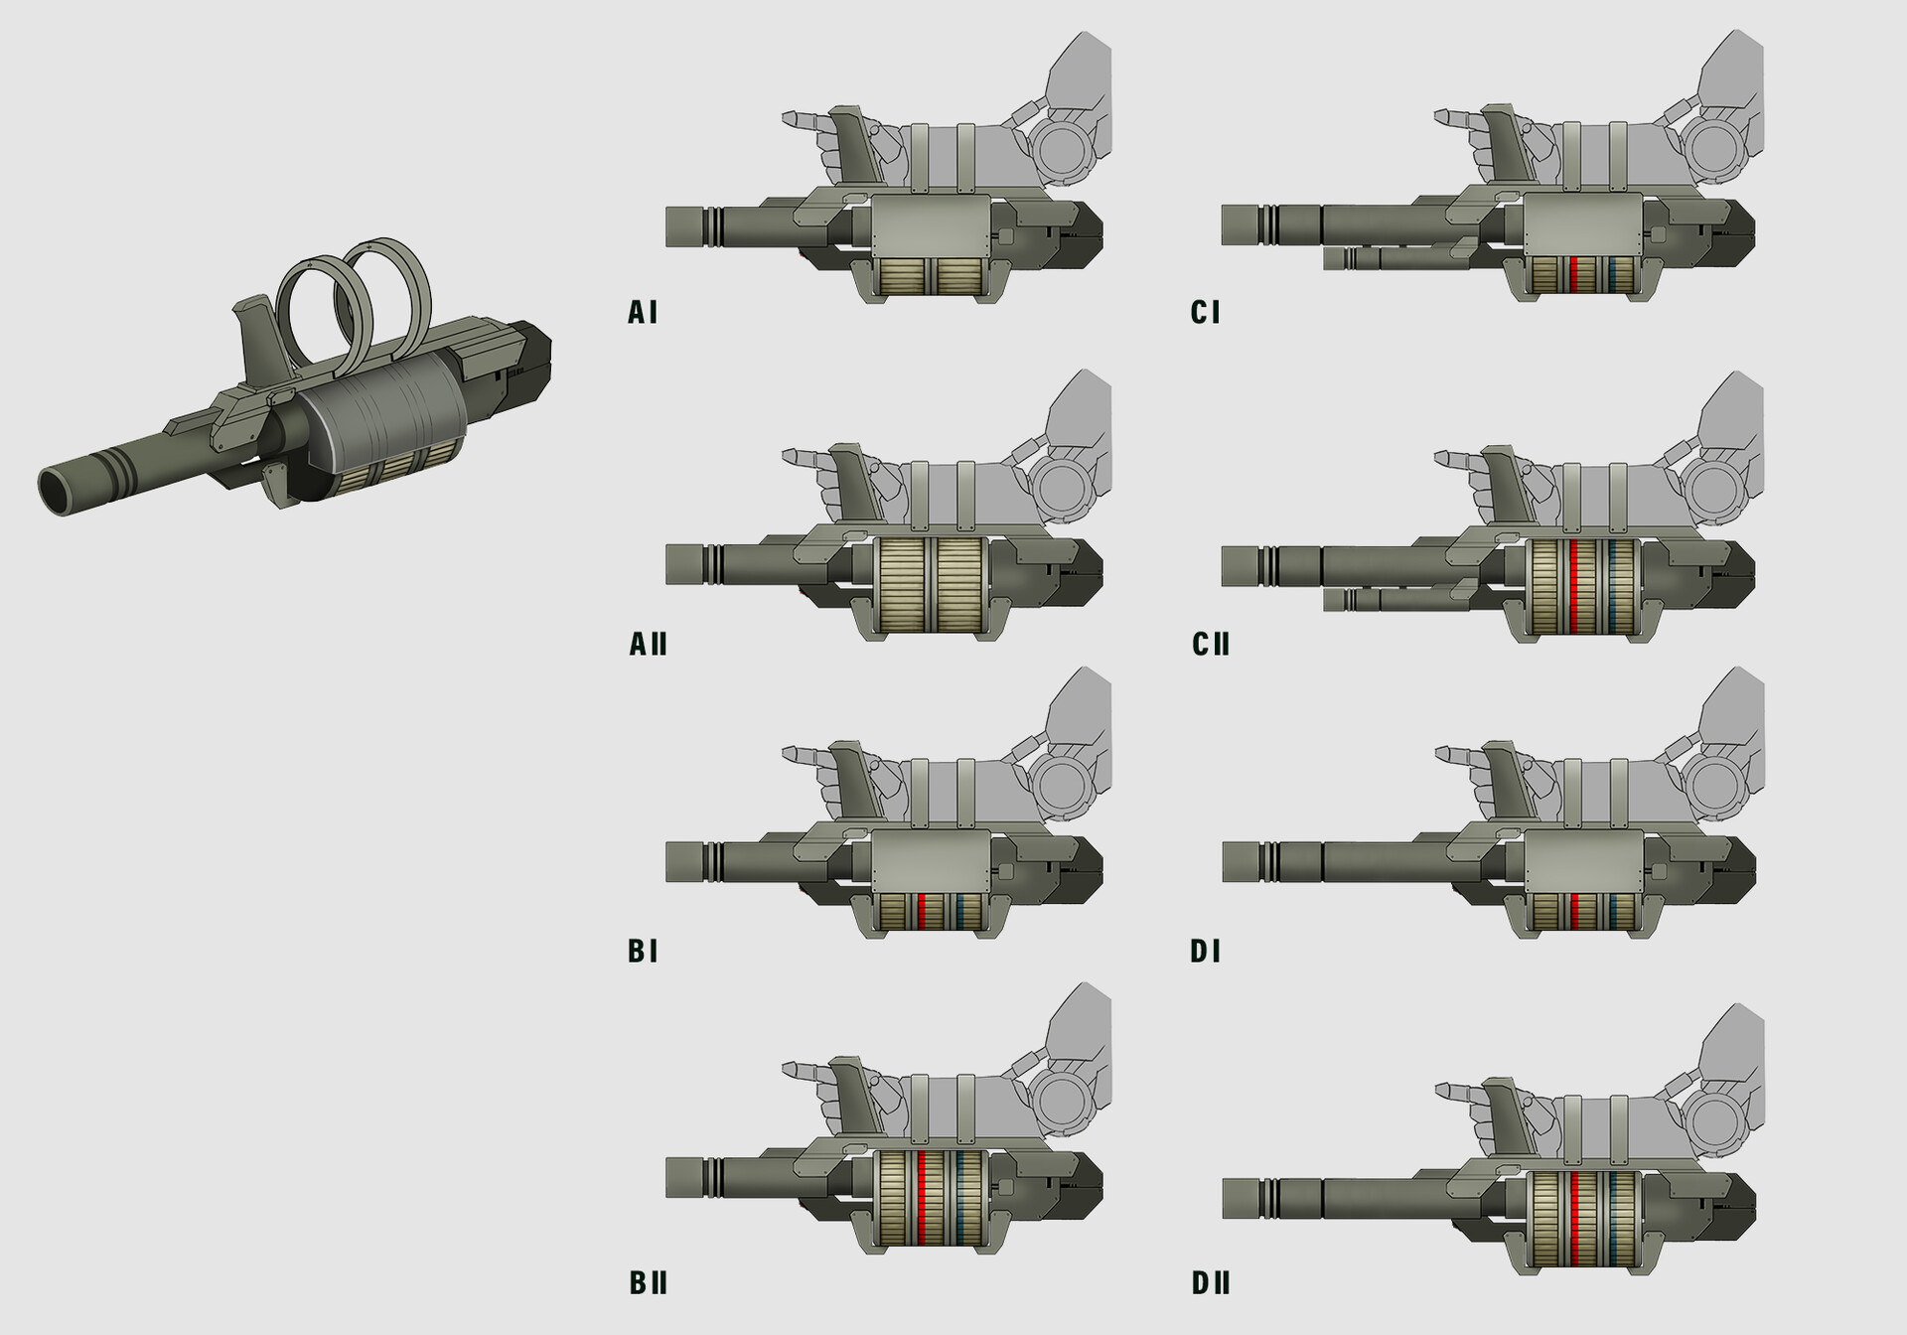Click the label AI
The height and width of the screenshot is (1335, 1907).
(643, 313)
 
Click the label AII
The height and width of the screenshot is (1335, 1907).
(648, 645)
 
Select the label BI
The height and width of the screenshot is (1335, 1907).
(643, 952)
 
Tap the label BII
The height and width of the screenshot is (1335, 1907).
(648, 1283)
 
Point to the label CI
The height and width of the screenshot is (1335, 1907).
(1205, 313)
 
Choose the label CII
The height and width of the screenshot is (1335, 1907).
(1211, 645)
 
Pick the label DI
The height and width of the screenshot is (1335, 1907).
(1205, 952)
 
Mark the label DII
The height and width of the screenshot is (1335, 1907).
(1211, 1283)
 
